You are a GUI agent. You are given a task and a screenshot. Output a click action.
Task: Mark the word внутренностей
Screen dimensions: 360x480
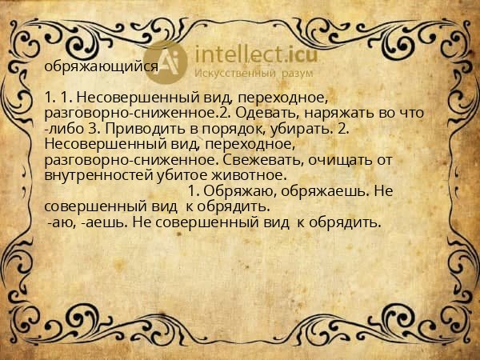click(x=98, y=174)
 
